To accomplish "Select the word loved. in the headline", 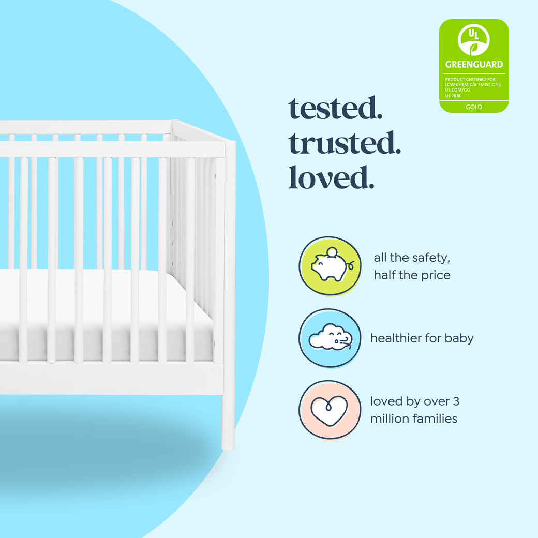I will tap(331, 177).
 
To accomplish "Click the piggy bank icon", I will tap(330, 266).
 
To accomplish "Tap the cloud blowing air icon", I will tap(330, 338).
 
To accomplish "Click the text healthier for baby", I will tap(422, 338).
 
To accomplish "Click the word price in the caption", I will tap(434, 275).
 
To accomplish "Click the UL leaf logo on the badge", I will tap(473, 40).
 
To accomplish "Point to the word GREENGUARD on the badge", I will tap(474, 65).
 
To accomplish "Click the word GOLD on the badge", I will tap(473, 107).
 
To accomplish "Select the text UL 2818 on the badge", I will tap(453, 96).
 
